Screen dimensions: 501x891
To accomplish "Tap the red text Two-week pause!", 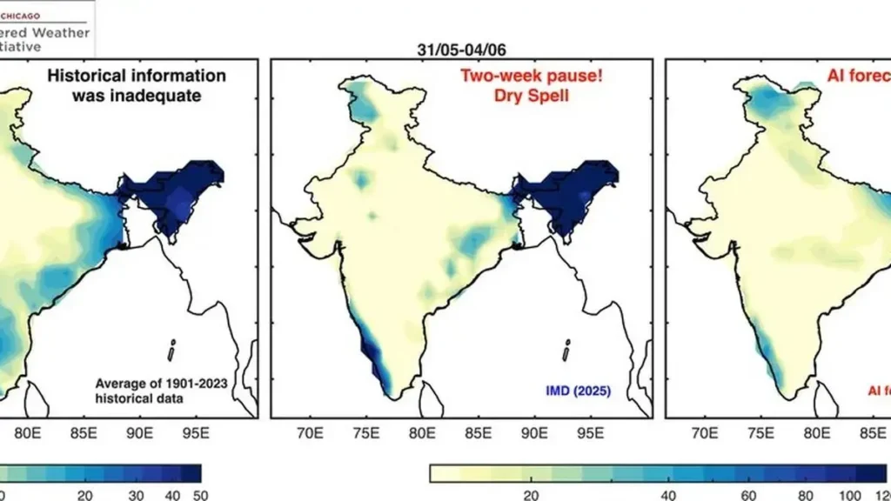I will tap(532, 76).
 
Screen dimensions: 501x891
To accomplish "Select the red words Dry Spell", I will tap(532, 96).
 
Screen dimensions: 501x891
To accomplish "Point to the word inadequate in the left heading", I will tap(136, 96).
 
